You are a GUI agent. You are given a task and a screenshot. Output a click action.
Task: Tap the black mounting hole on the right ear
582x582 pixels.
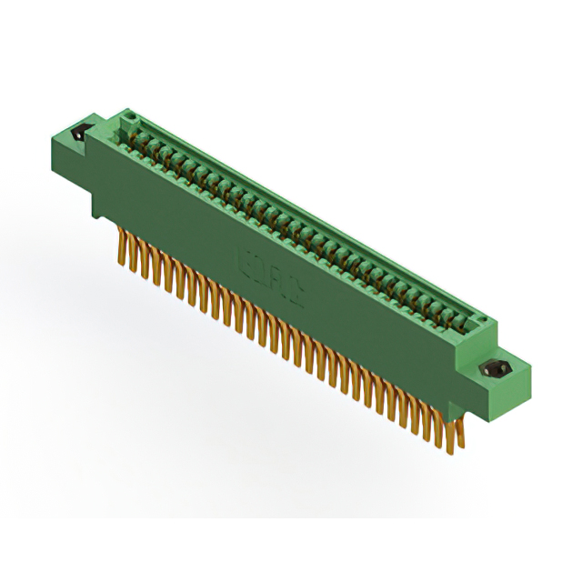tap(496, 370)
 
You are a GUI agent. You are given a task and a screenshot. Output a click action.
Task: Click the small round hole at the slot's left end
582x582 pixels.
tap(129, 116)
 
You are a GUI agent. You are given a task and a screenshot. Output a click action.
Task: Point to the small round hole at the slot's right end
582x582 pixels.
tap(481, 320)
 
